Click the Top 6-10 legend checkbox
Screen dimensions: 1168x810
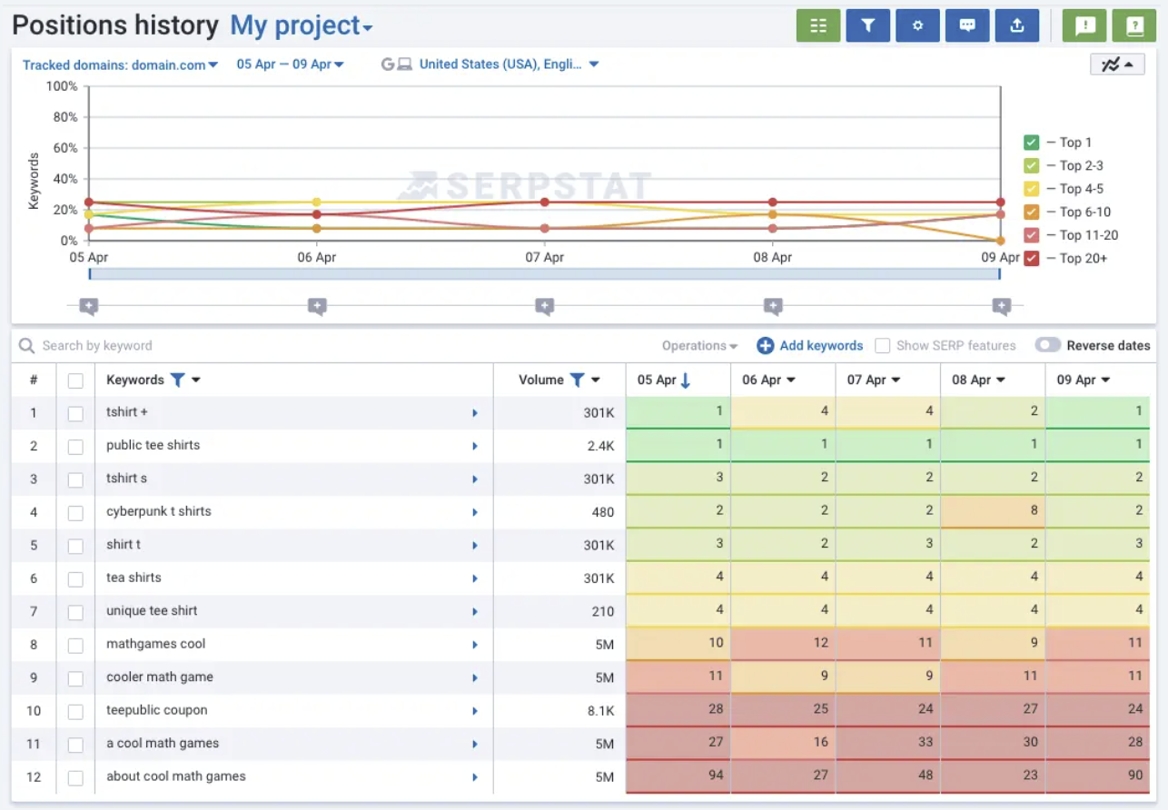pyautogui.click(x=1031, y=212)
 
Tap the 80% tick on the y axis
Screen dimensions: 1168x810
pyautogui.click(x=65, y=117)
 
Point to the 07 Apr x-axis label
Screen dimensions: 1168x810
pyautogui.click(x=544, y=257)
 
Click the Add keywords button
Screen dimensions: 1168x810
pyautogui.click(x=810, y=346)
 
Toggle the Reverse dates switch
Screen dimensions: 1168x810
pyautogui.click(x=1047, y=345)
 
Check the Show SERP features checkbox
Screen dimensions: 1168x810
pyautogui.click(x=882, y=346)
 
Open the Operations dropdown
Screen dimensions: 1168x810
pyautogui.click(x=699, y=346)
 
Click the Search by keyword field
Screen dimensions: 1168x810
pyautogui.click(x=97, y=346)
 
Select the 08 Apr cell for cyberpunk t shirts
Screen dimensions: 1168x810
pyautogui.click(x=993, y=511)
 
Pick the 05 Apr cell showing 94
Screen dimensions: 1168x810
pyautogui.click(x=678, y=775)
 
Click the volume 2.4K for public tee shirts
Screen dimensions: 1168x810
pyautogui.click(x=600, y=446)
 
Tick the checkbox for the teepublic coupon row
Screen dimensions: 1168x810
pyautogui.click(x=75, y=711)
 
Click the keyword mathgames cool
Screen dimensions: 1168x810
pyautogui.click(x=156, y=644)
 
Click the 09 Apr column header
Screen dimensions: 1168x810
pyautogui.click(x=1083, y=380)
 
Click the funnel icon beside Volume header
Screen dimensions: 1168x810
pyautogui.click(x=577, y=380)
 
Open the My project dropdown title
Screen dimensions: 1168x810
pyautogui.click(x=302, y=25)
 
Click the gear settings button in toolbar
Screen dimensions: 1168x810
pyautogui.click(x=917, y=25)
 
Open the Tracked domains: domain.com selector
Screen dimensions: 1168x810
pyautogui.click(x=120, y=64)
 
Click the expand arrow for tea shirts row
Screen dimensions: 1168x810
pyautogui.click(x=475, y=578)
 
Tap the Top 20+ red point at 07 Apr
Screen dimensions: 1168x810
pyautogui.click(x=544, y=202)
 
